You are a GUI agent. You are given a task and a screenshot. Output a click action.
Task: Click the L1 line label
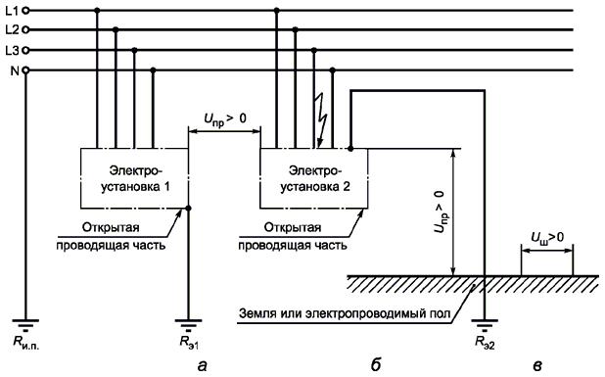(12, 11)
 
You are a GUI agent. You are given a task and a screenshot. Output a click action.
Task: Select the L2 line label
(12, 29)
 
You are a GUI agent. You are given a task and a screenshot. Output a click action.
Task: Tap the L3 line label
(12, 50)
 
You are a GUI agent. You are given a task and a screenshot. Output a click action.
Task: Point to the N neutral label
(15, 71)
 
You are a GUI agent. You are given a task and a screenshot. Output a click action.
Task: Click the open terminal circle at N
(25, 71)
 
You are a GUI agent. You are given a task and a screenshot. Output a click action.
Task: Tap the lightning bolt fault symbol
(321, 120)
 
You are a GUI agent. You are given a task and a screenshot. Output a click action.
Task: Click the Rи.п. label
(26, 343)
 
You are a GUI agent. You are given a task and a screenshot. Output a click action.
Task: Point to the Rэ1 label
(189, 343)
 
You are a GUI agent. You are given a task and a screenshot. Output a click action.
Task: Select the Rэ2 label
(485, 343)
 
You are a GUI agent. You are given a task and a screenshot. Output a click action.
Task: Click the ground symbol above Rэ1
(188, 325)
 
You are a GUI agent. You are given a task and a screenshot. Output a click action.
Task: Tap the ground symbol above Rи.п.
(25, 325)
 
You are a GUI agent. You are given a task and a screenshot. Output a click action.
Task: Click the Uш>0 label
(546, 238)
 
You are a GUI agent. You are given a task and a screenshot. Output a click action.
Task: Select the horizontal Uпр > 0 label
(225, 118)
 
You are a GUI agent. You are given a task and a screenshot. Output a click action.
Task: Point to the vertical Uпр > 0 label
(440, 212)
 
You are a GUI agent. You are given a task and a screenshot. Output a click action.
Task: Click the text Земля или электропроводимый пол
(345, 313)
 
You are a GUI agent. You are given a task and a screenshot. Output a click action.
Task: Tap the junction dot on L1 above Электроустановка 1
(97, 11)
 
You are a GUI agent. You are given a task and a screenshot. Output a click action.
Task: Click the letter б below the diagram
(376, 364)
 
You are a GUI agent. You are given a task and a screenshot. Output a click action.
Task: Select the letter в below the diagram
(537, 366)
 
